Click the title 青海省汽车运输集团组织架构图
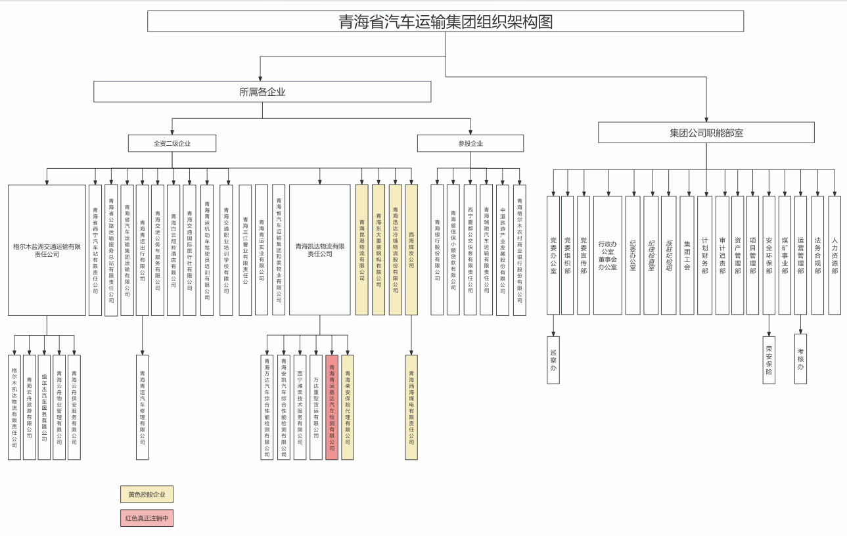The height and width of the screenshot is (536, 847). pos(446,22)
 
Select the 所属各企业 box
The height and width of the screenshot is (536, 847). pos(262,92)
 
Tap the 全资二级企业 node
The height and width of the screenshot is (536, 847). pos(172,143)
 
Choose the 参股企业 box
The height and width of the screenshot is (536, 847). pos(470,143)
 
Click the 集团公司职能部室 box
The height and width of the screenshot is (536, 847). pos(706,133)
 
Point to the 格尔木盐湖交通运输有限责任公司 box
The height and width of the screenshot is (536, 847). pos(47,250)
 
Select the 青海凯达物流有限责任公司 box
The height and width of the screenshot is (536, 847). pos(319,250)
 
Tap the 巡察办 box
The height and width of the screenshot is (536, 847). pos(553,360)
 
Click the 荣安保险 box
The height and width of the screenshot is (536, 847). pos(769,360)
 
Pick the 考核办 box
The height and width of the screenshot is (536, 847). pos(800,357)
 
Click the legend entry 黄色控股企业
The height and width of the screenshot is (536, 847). pos(147,495)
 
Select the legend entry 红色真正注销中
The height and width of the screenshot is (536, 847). pos(147,518)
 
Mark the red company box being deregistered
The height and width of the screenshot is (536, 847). pos(332,407)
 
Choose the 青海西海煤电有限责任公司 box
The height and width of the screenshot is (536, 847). pos(411,407)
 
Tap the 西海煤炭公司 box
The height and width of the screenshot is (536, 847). pos(411,250)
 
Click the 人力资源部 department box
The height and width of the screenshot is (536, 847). pos(835,256)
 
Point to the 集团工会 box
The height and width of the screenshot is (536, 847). pos(687,256)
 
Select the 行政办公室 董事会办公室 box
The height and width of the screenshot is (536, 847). pos(607,256)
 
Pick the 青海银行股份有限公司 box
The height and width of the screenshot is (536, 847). pos(437,250)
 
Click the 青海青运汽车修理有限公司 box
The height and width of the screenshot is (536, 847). pos(142,407)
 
